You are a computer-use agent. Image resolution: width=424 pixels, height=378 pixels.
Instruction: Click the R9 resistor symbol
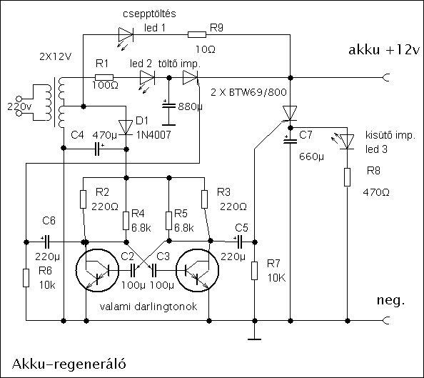pos(197,35)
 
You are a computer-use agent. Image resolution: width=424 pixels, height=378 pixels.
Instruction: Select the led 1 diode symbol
pos(126,35)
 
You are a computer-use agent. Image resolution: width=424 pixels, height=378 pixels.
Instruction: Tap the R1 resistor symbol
pos(104,77)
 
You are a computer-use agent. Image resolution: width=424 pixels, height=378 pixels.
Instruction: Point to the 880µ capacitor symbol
pos(168,105)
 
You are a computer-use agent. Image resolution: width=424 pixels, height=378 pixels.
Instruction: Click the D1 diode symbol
pos(126,127)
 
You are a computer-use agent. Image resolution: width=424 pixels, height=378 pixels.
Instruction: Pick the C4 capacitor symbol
pos(98,149)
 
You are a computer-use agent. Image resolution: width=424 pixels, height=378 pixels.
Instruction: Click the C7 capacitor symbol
pos(290,140)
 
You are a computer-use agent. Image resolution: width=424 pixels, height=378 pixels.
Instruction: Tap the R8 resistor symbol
pos(347,177)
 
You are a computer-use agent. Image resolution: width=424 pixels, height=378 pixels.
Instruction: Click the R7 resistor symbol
pos(254,271)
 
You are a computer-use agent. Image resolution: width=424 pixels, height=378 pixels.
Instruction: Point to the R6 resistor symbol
pos(26,278)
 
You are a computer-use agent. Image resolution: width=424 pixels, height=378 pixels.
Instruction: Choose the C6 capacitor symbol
pos(46,242)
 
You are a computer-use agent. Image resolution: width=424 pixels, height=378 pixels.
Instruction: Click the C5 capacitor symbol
pos(239,242)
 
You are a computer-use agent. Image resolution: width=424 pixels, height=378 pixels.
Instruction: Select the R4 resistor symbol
pos(126,221)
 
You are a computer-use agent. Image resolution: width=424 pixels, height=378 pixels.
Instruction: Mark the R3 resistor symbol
pos(204,199)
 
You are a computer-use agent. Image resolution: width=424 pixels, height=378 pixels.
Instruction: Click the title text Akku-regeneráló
pos(69,364)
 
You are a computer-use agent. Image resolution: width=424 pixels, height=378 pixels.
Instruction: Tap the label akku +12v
pos(384,50)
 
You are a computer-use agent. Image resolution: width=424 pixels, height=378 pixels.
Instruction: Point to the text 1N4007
pos(153,134)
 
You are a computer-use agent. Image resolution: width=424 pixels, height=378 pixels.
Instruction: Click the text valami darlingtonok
pos(148,307)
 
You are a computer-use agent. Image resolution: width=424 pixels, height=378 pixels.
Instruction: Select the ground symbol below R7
pos(254,339)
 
